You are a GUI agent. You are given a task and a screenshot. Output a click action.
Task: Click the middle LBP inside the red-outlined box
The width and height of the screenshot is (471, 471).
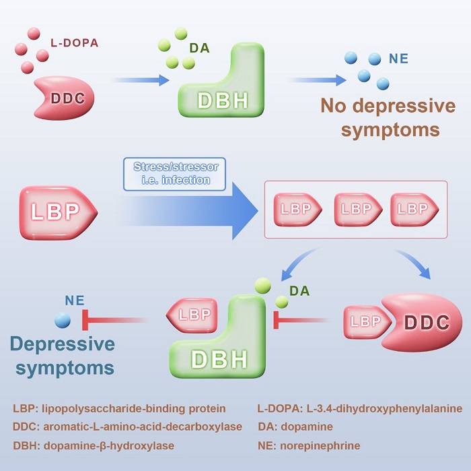point(356,209)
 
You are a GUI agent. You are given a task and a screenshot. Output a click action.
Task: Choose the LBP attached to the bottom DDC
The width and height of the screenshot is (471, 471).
point(365,321)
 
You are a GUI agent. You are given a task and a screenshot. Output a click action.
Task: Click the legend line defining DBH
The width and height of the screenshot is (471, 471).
point(94,445)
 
